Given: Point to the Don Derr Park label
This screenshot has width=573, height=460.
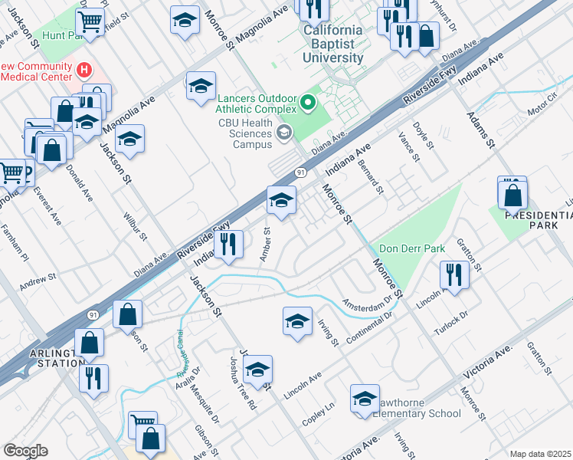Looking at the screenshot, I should tap(412, 249).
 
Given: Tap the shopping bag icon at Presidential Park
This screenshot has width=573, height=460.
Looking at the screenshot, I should tap(512, 195).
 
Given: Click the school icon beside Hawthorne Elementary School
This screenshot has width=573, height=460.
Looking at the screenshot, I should tap(365, 399).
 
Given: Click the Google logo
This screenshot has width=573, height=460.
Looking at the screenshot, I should tap(25, 451).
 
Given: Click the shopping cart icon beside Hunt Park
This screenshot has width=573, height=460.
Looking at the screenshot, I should tap(90, 22).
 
